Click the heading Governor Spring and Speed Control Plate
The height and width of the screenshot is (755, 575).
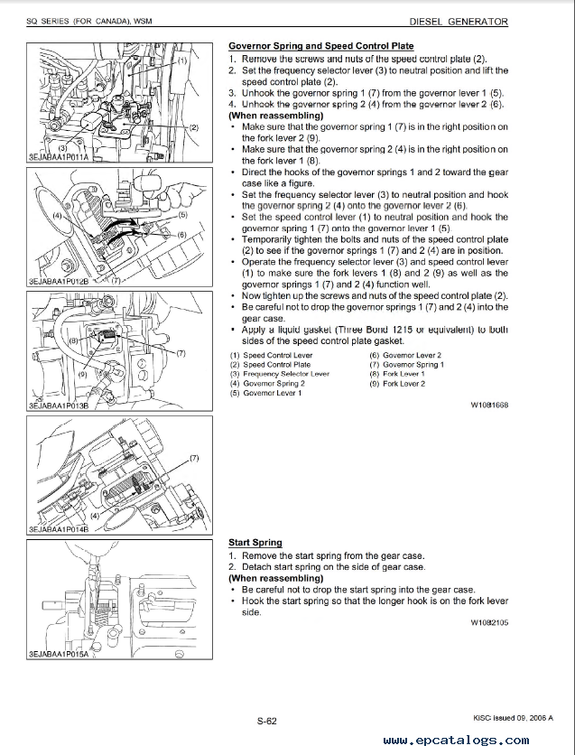[320, 46]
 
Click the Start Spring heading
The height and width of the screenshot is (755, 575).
[255, 543]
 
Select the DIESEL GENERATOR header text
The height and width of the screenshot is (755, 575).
[459, 22]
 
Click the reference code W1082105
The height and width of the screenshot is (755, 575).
[488, 623]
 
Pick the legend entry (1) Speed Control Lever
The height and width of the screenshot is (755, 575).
[272, 356]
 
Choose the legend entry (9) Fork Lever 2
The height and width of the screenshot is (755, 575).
[397, 384]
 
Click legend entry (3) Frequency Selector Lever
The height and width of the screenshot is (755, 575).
[280, 374]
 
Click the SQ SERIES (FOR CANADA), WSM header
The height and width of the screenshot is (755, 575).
[77, 22]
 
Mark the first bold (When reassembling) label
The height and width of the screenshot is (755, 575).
[276, 116]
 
